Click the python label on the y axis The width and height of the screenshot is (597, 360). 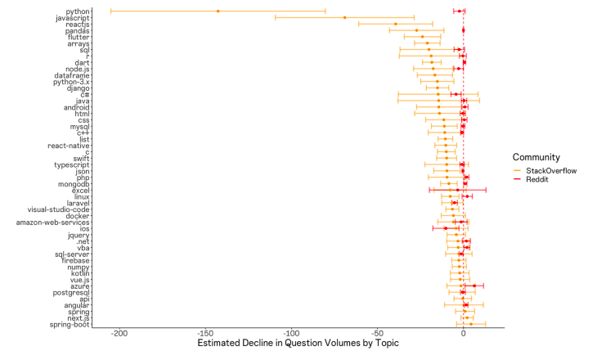(x=78, y=11)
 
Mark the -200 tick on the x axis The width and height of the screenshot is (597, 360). (x=119, y=334)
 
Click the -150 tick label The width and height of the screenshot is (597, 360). (x=205, y=334)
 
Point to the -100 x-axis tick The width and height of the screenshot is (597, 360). (x=291, y=334)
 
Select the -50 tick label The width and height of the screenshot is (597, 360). (x=377, y=334)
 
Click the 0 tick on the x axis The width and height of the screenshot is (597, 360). (x=464, y=334)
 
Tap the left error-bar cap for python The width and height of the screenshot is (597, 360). (x=110, y=11)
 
